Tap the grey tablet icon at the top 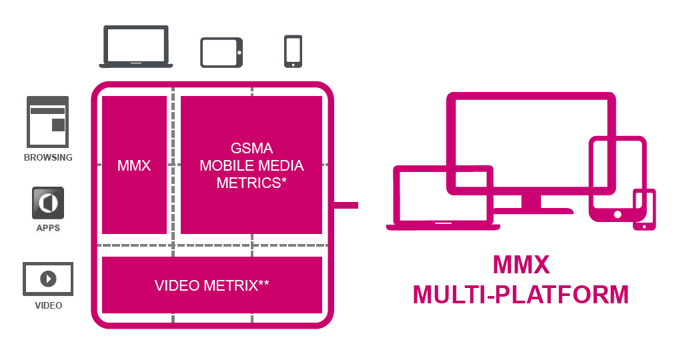tap(222, 52)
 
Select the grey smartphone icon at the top tap(293, 51)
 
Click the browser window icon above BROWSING tap(48, 121)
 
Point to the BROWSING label tap(48, 158)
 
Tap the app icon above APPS tap(48, 203)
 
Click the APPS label tap(48, 228)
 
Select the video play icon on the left tap(48, 279)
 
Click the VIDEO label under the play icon tap(48, 306)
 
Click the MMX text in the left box tap(134, 165)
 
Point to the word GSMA tap(251, 148)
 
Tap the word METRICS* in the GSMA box tap(251, 183)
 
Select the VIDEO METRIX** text tap(212, 286)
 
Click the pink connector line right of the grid tap(346, 205)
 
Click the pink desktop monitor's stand tap(531, 203)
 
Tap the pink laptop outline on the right tap(443, 200)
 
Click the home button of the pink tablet tap(618, 215)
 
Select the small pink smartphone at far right tap(644, 209)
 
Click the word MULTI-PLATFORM tap(521, 294)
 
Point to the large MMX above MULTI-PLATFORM tap(521, 265)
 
